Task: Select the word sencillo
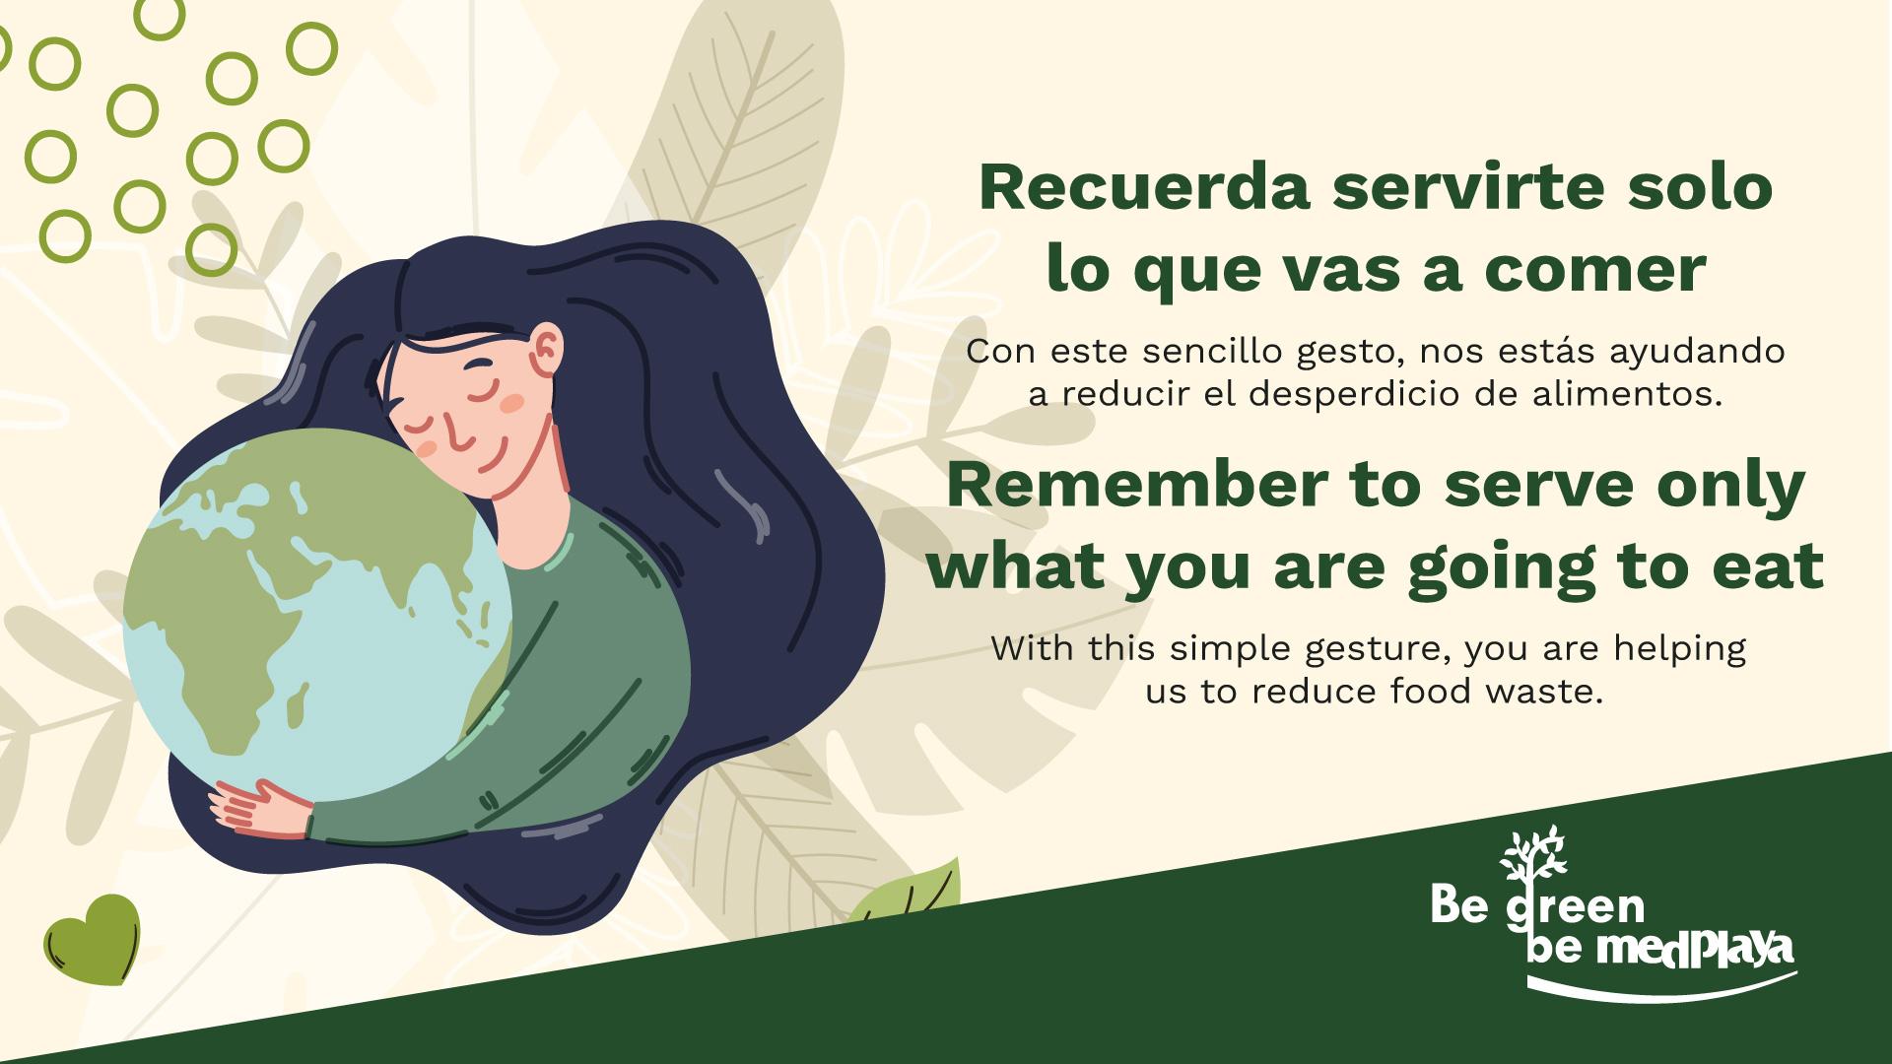1207,351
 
